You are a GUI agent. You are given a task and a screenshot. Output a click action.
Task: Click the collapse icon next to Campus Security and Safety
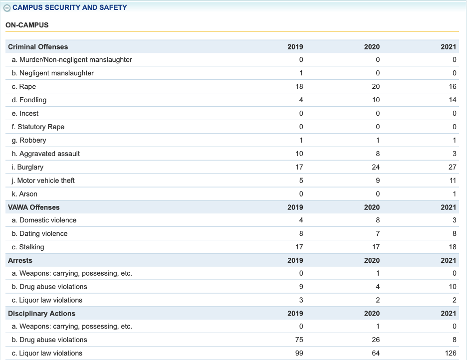7,8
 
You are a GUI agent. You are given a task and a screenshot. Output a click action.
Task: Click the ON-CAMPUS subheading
27,24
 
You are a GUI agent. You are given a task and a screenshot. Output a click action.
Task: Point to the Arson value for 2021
454,194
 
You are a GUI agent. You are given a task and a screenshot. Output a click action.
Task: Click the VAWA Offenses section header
33,207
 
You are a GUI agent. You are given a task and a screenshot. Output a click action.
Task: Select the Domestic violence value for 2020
377,220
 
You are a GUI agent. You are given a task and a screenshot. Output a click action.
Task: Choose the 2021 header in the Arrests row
448,260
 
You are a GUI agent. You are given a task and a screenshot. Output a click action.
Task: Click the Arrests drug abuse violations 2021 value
452,287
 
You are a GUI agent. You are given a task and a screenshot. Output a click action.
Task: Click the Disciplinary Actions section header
41,313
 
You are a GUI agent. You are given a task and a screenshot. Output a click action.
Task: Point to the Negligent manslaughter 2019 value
301,73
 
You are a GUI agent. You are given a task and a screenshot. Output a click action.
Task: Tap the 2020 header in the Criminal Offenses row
372,46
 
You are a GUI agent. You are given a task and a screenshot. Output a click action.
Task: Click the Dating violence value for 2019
301,233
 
